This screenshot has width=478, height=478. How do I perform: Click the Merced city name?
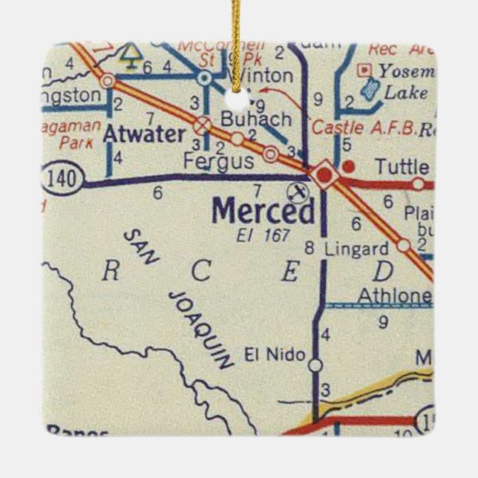pos(263,212)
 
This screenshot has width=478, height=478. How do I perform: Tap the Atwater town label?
pos(144,134)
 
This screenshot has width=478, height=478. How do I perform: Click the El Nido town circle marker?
pos(315,365)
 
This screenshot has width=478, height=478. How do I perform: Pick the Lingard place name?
pos(356,249)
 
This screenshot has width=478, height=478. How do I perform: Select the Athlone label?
pos(394,295)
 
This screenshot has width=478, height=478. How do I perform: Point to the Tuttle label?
pos(402,167)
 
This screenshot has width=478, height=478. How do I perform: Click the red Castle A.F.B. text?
pos(363,128)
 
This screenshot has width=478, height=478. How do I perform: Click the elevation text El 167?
pos(262,236)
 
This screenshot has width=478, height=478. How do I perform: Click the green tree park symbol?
pos(132,53)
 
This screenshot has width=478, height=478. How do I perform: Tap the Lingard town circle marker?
pos(403,245)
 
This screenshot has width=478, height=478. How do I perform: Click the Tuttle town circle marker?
pos(418,184)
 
